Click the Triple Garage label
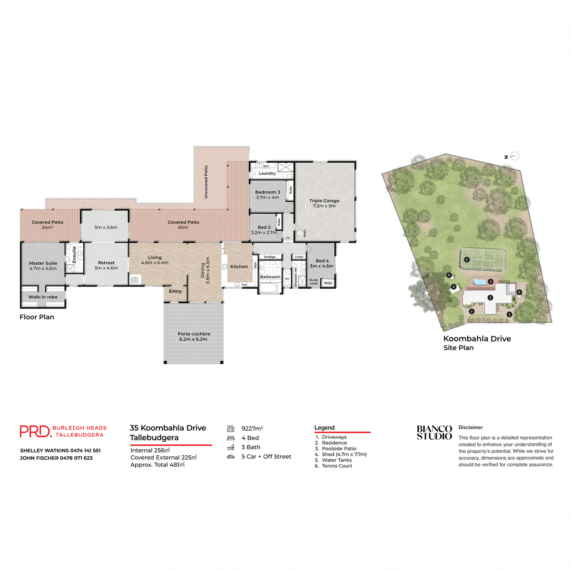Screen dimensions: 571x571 [324, 201]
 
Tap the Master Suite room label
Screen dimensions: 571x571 [43, 263]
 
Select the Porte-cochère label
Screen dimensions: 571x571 [194, 334]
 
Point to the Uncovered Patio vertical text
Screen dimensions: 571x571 [206, 182]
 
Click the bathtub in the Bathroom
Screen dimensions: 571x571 [270, 288]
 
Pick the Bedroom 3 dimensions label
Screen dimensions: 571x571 [267, 197]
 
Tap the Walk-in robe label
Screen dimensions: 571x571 [43, 297]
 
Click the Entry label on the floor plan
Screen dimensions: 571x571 [175, 291]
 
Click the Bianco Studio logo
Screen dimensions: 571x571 [434, 433]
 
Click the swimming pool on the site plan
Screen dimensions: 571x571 [480, 282]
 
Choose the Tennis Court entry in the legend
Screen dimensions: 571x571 [337, 466]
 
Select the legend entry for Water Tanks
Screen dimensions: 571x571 [336, 460]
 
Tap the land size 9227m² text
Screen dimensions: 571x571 [252, 429]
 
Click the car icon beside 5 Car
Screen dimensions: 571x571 [231, 457]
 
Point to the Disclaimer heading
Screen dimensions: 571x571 [471, 427]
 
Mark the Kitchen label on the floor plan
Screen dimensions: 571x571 [239, 266]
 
